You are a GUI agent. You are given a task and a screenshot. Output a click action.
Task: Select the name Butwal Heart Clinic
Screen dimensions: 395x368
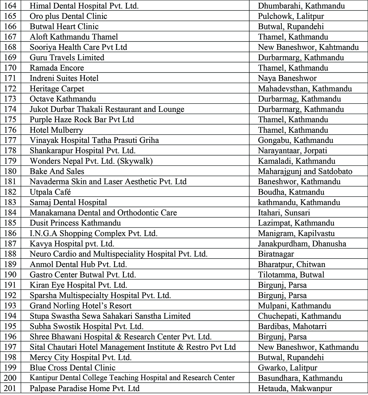click(x=64, y=26)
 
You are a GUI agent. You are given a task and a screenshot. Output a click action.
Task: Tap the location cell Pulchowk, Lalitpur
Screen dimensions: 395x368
click(x=291, y=16)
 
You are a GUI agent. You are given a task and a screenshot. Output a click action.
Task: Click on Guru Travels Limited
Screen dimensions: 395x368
click(x=67, y=57)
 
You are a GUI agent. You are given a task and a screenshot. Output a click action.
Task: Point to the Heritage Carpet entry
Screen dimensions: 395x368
click(x=57, y=89)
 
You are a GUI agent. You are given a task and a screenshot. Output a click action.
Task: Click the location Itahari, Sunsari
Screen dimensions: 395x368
click(x=284, y=213)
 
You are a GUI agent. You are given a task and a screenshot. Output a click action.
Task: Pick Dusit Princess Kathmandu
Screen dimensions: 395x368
click(x=75, y=223)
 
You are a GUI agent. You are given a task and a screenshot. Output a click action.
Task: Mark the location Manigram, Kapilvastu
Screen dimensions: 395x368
click(x=296, y=233)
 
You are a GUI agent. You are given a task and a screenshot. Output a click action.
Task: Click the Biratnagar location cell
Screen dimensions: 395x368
click(x=276, y=254)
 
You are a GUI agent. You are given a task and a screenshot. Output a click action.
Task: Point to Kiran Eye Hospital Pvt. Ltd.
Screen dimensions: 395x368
click(x=78, y=285)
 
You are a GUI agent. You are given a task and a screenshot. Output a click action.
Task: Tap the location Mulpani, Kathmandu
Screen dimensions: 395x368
click(x=294, y=306)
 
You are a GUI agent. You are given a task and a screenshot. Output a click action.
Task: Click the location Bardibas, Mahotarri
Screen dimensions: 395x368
click(x=292, y=326)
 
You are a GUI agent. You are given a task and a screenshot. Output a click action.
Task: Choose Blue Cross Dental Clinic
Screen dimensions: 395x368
click(x=72, y=368)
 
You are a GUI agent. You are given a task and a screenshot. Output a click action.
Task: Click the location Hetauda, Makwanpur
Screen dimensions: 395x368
click(x=295, y=388)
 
